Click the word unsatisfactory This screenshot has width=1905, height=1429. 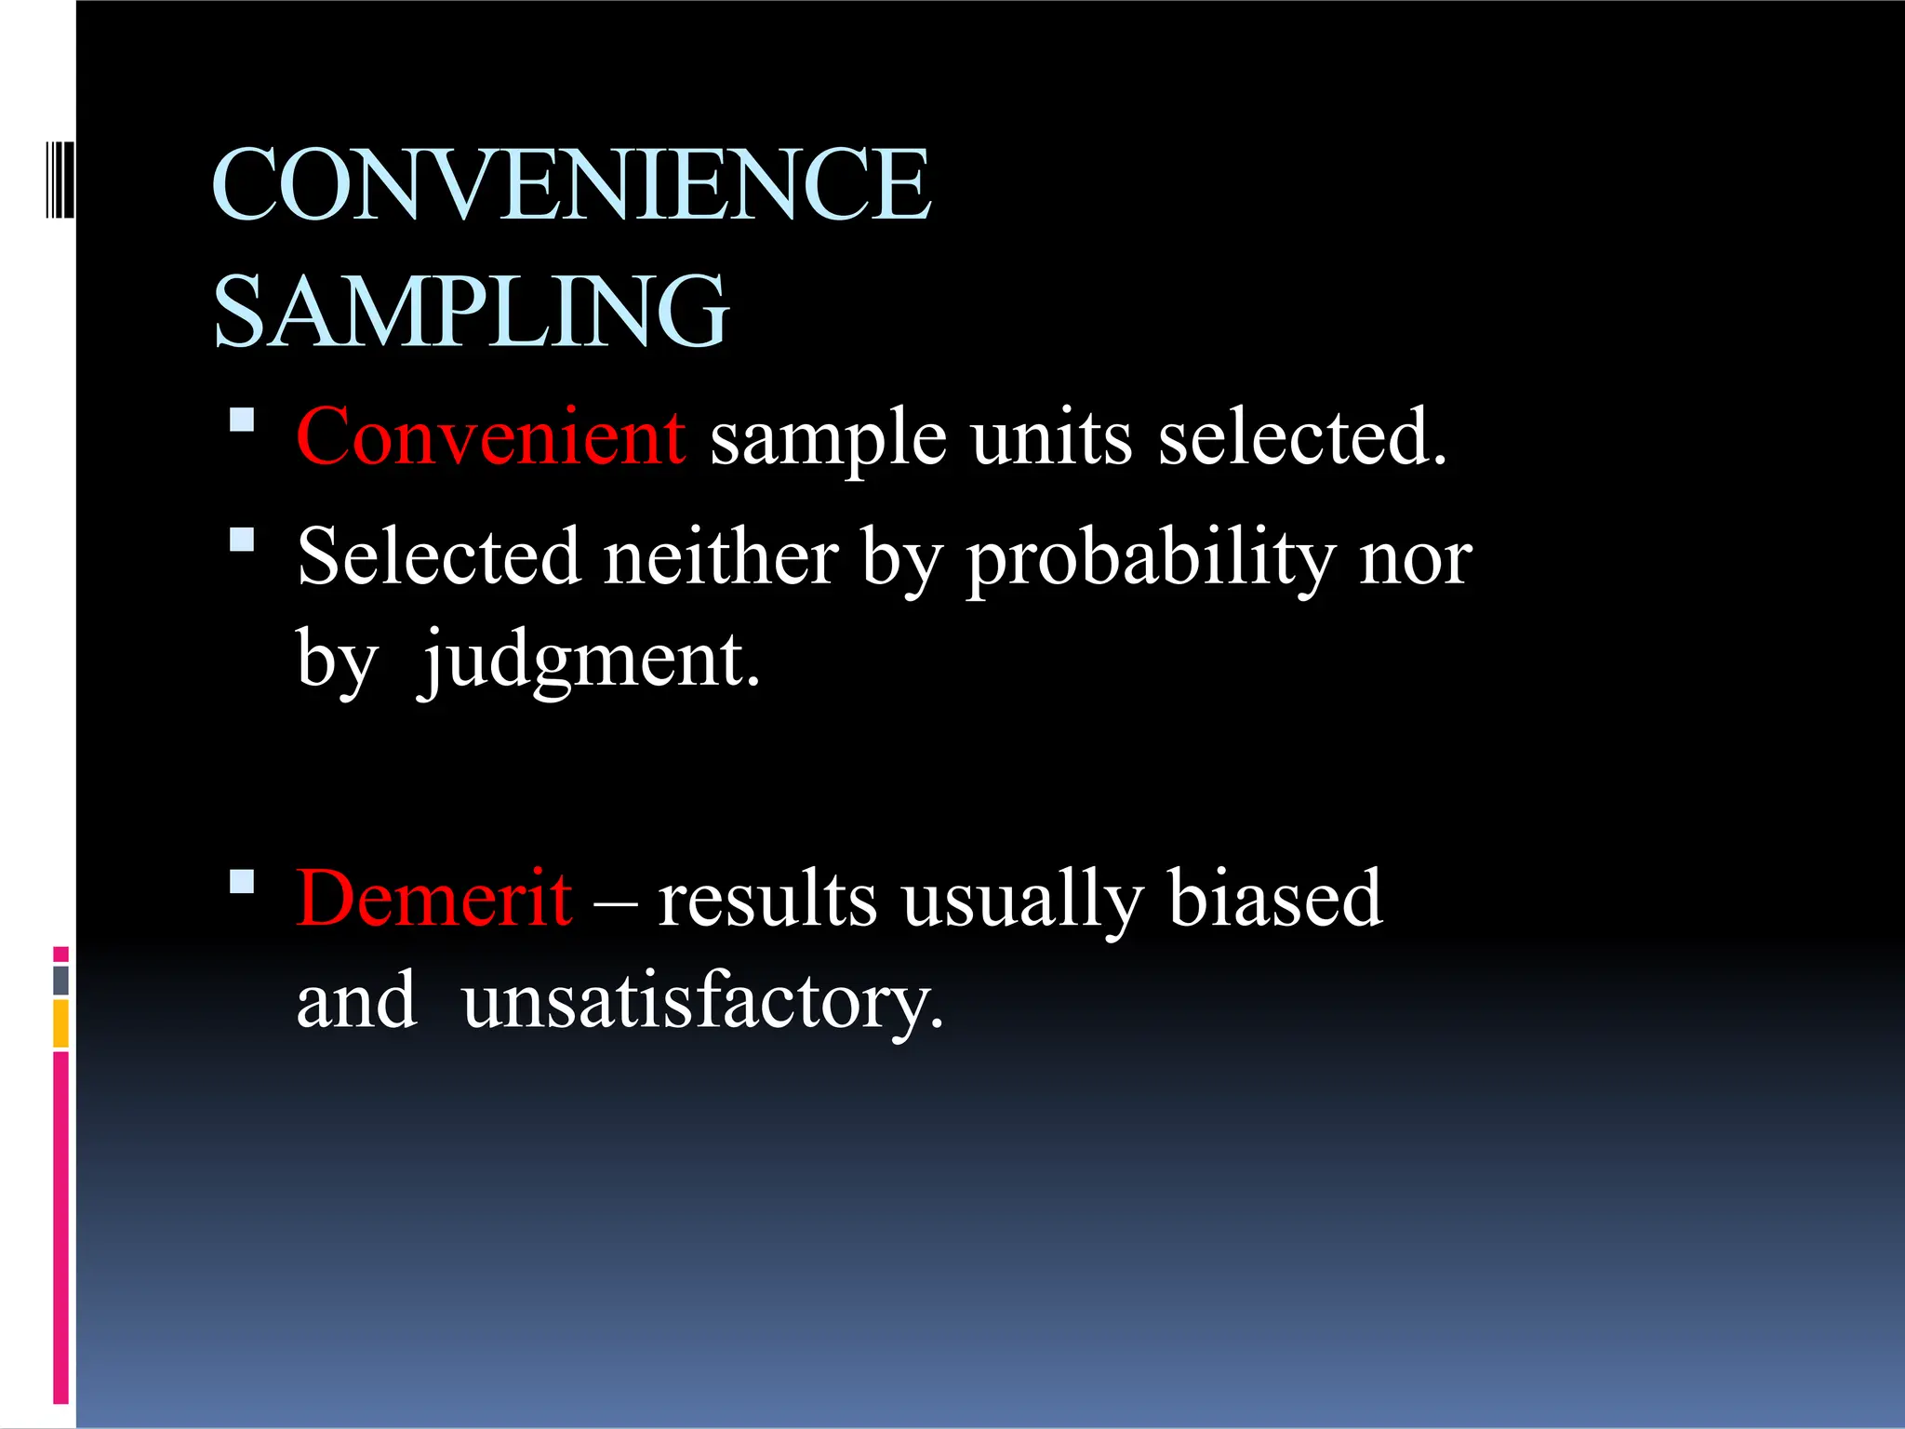click(702, 1003)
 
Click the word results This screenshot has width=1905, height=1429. click(767, 900)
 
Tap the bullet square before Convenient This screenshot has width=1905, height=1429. click(242, 420)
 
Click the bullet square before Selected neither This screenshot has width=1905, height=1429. click(242, 540)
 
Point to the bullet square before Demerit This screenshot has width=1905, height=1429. click(242, 881)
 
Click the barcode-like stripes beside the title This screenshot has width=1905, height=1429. click(60, 180)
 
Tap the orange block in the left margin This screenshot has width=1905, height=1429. click(61, 1023)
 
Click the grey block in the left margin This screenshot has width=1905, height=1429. click(61, 981)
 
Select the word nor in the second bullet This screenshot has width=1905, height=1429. click(1415, 560)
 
